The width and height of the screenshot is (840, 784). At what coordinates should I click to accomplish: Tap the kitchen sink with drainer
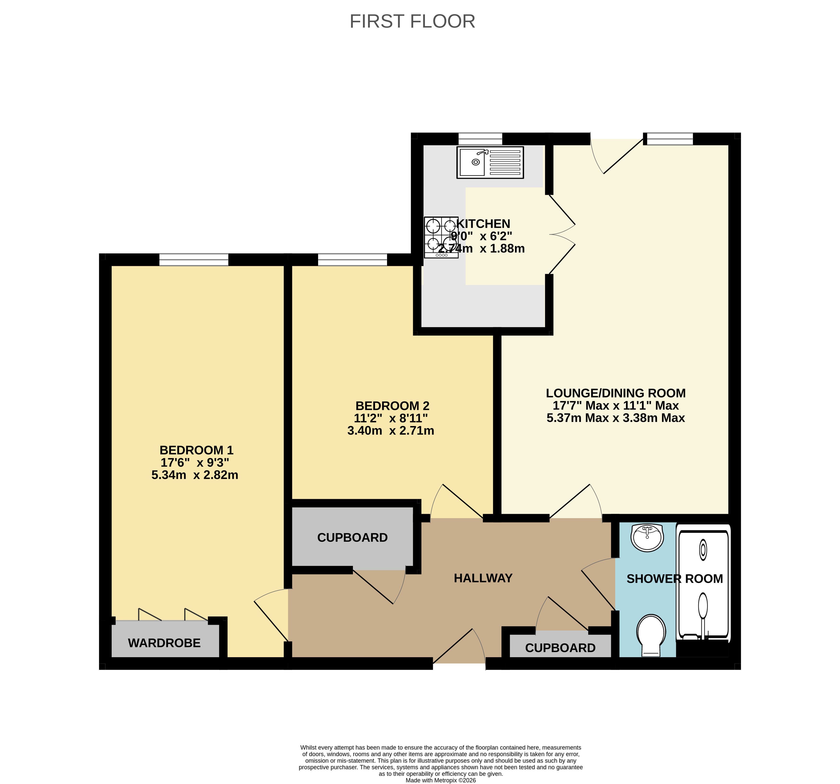click(x=490, y=162)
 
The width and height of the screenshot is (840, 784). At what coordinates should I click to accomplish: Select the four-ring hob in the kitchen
click(x=441, y=237)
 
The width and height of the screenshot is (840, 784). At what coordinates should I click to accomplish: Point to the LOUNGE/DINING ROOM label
click(x=616, y=393)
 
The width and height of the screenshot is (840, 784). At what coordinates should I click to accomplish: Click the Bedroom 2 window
click(x=352, y=259)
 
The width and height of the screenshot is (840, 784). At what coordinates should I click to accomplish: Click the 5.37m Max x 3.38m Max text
click(x=616, y=418)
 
